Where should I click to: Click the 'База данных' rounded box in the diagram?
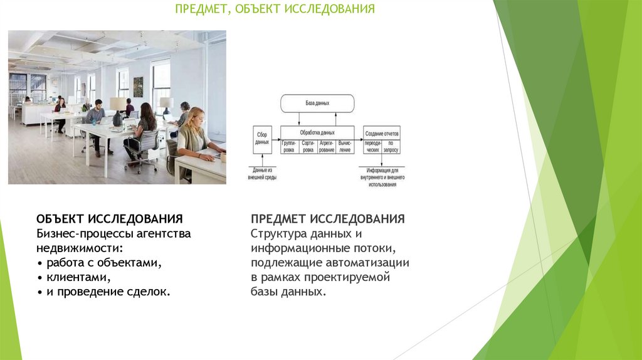[x=317, y=103]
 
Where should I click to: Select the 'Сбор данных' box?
[x=262, y=139]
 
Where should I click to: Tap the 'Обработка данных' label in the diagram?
[x=317, y=132]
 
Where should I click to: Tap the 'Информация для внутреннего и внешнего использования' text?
[x=382, y=177]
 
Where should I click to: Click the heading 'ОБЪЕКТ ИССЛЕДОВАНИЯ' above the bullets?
[x=110, y=219]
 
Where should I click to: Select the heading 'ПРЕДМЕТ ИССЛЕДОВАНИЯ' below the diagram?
[x=327, y=219]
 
